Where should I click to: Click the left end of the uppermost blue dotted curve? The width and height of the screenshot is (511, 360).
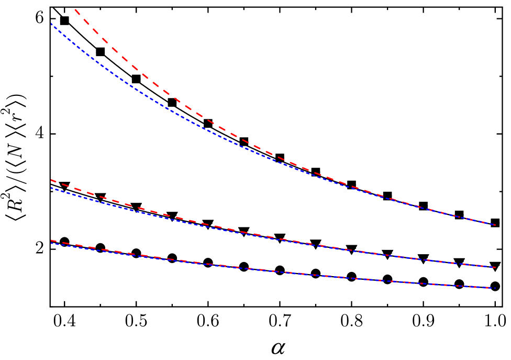(51, 24)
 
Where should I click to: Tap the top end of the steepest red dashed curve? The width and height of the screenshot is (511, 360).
(75, 9)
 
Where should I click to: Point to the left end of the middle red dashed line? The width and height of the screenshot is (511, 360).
(51, 180)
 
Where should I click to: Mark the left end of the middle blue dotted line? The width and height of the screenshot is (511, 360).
(51, 188)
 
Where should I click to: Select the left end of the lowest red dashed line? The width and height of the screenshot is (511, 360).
(51, 240)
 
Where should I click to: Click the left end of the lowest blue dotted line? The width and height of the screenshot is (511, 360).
(51, 243)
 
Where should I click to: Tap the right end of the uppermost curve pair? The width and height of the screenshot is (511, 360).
(495, 225)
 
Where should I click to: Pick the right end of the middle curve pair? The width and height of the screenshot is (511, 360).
(495, 267)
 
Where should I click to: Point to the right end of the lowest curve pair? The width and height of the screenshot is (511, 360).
(495, 288)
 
